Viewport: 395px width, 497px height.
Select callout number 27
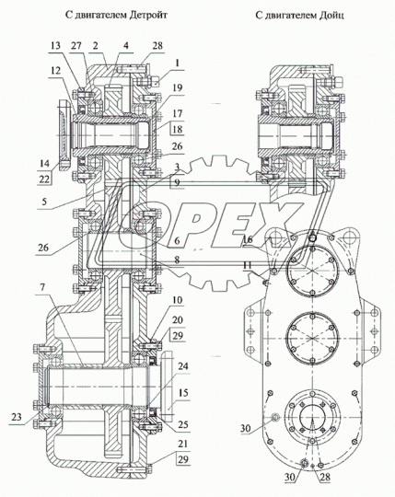point(77,46)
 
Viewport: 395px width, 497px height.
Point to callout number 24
point(184,365)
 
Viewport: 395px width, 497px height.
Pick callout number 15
point(184,393)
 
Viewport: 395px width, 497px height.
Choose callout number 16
point(248,240)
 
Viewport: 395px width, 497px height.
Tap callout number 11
point(248,266)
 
